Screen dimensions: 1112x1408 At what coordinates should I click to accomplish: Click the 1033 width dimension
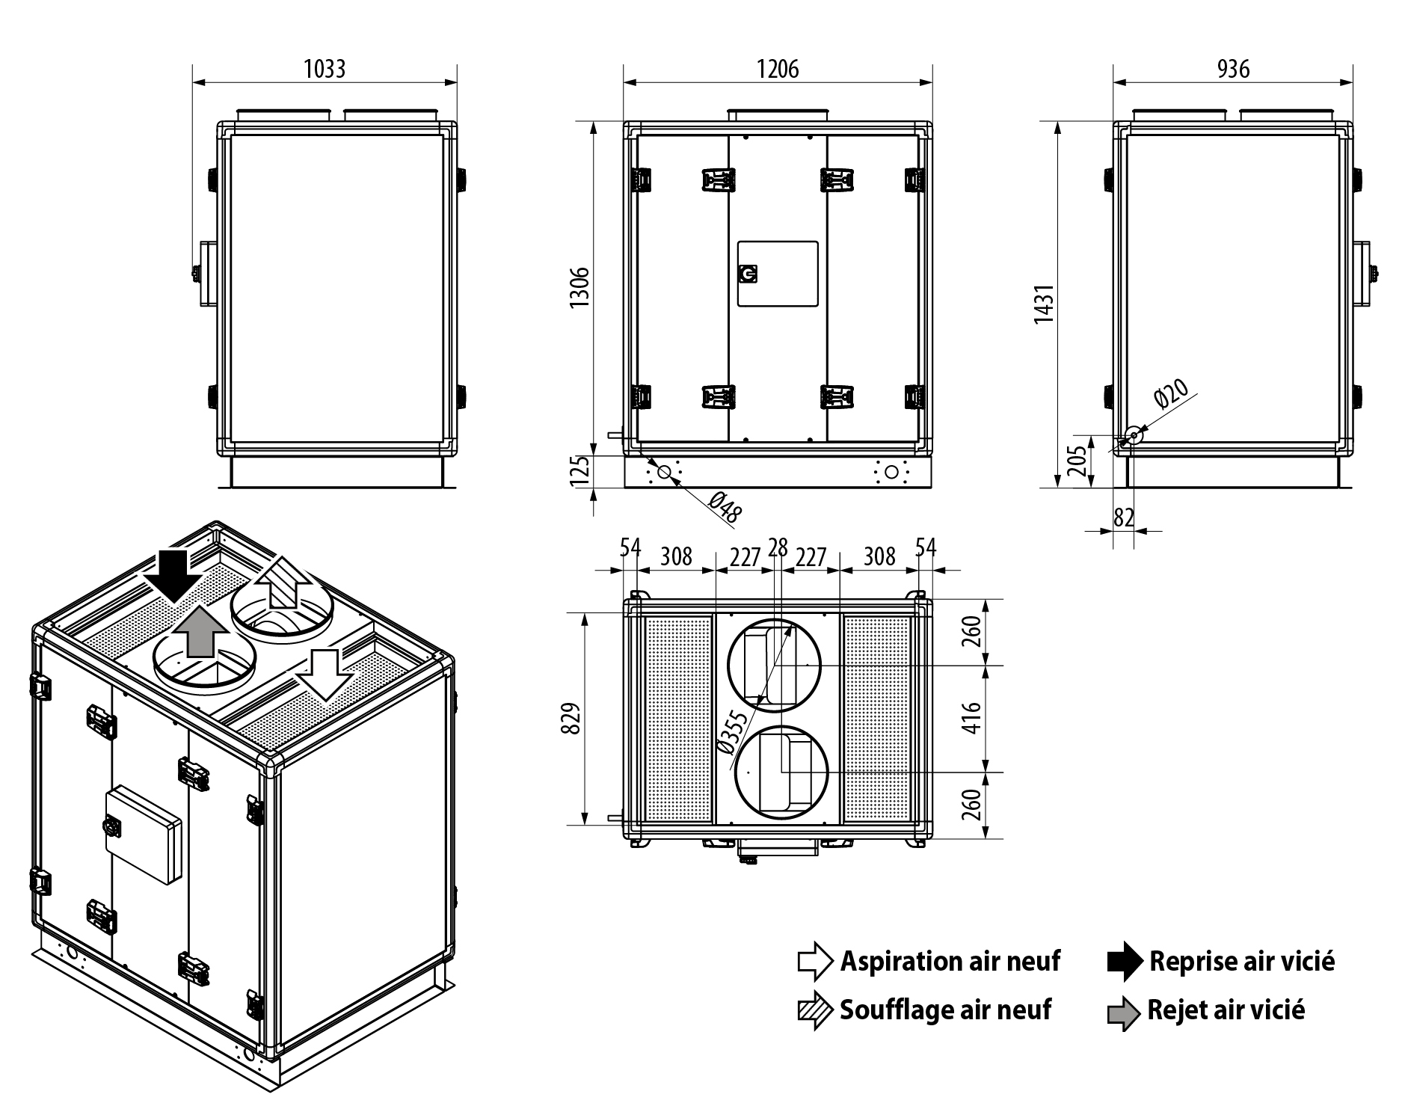pos(325,69)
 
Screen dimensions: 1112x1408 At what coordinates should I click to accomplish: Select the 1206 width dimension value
pos(778,69)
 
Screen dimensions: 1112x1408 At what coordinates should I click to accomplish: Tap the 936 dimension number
pos(1233,69)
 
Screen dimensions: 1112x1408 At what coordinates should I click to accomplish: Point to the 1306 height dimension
pos(581,286)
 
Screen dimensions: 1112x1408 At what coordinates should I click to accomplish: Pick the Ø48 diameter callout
pos(724,508)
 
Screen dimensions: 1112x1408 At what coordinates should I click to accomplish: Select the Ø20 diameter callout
pos(1171,393)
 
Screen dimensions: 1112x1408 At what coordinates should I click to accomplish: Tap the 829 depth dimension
pos(572,719)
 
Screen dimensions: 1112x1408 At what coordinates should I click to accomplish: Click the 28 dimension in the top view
pos(778,548)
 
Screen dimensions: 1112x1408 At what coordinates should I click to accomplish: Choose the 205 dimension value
pos(1077,461)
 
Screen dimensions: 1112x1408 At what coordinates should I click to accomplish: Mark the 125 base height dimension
pos(581,471)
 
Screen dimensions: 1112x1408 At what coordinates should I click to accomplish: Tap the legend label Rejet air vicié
pos(1226,1011)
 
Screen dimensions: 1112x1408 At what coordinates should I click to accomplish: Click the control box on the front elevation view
pos(778,274)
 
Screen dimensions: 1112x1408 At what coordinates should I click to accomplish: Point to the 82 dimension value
pos(1124,517)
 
